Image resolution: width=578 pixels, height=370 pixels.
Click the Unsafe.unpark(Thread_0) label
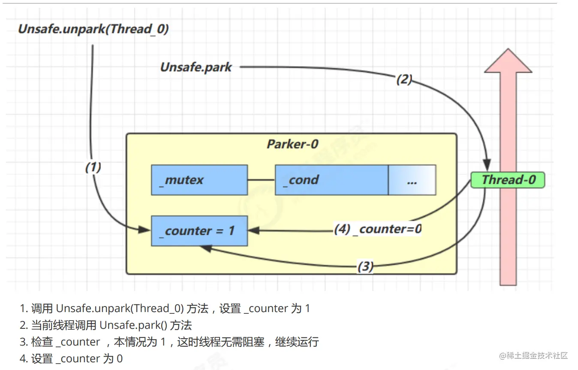(93, 29)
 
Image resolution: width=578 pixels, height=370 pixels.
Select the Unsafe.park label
(196, 67)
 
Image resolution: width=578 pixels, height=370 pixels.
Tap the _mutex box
(199, 180)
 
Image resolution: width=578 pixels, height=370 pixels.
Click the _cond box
(331, 180)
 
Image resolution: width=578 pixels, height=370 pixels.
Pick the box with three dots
(412, 180)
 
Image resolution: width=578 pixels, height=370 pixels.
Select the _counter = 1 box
(199, 231)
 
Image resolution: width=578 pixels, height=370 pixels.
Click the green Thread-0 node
(508, 180)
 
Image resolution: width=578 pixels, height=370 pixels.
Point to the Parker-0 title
(292, 144)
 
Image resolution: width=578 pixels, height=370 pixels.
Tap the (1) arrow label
(93, 167)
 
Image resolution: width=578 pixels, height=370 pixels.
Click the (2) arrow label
(404, 79)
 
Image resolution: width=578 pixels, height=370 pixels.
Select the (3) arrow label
(365, 267)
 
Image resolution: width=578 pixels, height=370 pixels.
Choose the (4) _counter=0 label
(378, 230)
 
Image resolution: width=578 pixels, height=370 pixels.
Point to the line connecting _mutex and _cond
(261, 180)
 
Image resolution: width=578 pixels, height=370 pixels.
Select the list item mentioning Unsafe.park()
(111, 325)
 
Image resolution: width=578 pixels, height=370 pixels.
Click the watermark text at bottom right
(533, 356)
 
